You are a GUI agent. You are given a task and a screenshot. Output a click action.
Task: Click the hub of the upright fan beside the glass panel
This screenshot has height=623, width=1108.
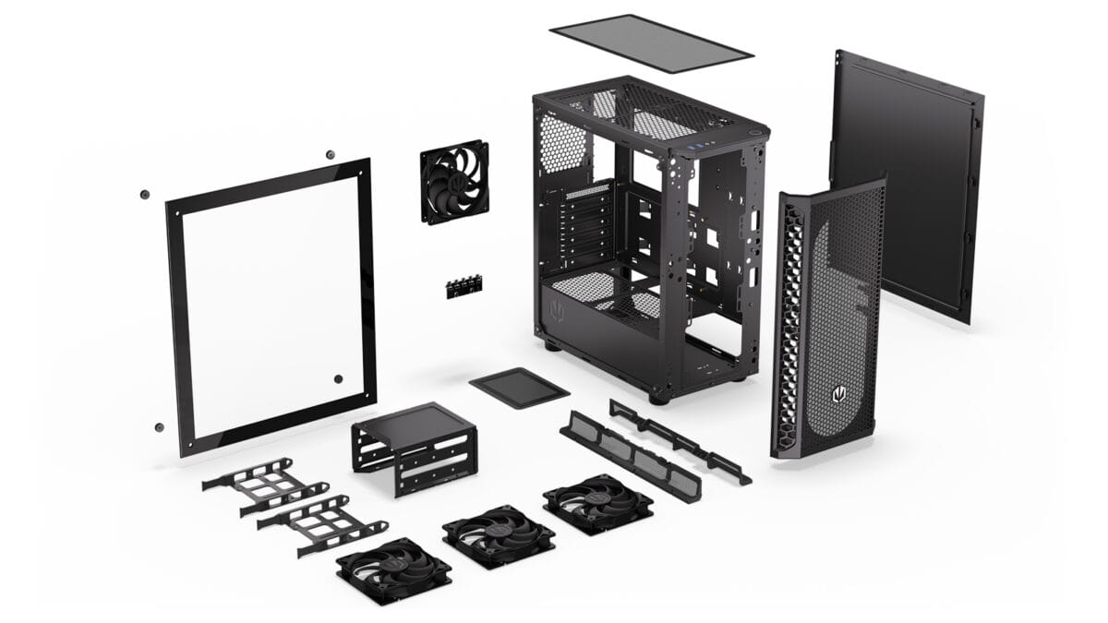455,182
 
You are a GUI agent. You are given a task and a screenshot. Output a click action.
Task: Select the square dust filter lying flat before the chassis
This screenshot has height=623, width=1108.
519,388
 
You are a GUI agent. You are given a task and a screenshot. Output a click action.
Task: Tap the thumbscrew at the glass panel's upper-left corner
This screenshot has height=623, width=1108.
144,195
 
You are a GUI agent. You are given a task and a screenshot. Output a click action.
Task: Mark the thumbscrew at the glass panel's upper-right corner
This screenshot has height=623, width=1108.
329,153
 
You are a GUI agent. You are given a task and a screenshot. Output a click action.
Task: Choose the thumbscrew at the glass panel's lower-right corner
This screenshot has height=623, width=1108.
338,379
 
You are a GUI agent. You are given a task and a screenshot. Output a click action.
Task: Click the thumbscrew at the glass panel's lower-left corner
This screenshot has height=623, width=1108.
159,427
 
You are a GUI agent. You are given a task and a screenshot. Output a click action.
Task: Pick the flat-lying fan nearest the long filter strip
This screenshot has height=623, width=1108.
598,504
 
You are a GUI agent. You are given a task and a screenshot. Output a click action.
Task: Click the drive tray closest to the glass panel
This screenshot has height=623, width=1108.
263,485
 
